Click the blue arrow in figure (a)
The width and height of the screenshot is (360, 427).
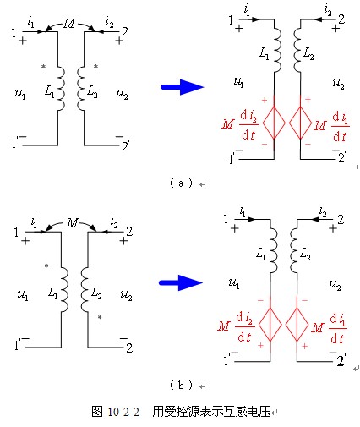(x=182, y=87)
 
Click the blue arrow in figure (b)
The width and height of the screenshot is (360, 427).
(x=181, y=282)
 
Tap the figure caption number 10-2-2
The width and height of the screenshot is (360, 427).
(x=123, y=412)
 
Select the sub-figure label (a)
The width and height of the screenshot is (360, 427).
(x=181, y=183)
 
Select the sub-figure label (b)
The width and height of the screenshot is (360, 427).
(x=181, y=385)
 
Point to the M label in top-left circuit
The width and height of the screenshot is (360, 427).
(x=69, y=24)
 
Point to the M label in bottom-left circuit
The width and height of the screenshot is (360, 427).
(x=73, y=223)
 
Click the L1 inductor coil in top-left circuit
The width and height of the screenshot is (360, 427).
(x=61, y=88)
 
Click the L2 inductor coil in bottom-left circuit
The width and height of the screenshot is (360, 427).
(x=85, y=289)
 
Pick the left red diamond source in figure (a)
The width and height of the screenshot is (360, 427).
(x=274, y=123)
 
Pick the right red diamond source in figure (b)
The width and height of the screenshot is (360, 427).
(x=297, y=325)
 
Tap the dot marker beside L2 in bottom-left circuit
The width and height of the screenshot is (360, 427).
(x=100, y=317)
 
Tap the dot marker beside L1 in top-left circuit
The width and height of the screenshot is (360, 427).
(x=43, y=67)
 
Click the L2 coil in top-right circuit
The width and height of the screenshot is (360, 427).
(x=297, y=50)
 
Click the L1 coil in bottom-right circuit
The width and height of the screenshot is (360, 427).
(x=274, y=250)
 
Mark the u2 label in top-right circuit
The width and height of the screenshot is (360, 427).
(x=338, y=84)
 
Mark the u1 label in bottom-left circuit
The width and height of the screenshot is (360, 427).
(x=23, y=295)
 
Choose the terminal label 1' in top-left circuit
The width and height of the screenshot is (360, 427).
(x=14, y=143)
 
